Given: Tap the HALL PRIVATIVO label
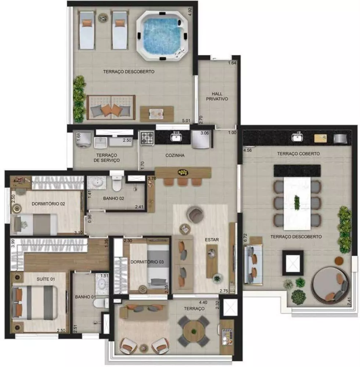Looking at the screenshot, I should [217, 97].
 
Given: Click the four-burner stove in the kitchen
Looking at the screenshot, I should [147, 138].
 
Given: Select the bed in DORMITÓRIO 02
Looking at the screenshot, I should [35, 224].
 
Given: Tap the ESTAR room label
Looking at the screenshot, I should [212, 240].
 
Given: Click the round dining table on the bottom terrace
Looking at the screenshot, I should [194, 331].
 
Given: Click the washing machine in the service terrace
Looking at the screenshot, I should [82, 140].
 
